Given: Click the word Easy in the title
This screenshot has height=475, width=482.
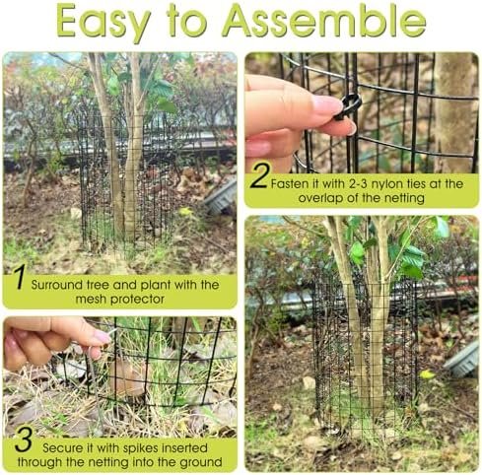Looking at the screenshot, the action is pos(102,23).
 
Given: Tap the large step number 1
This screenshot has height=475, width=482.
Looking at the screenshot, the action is pos(21,277).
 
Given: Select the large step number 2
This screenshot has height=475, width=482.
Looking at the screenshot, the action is pos(260,175).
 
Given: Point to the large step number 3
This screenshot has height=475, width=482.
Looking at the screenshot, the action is pos(24,439).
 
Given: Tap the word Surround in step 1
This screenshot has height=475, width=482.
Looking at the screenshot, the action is pos(57,285).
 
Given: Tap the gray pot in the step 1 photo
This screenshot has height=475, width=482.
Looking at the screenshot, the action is pos(221,196).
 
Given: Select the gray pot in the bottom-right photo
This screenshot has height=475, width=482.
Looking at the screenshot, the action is pos(462,360).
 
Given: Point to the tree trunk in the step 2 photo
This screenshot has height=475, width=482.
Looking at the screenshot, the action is pos(453,112).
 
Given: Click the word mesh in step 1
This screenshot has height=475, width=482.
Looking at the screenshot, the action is pos(91,300).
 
